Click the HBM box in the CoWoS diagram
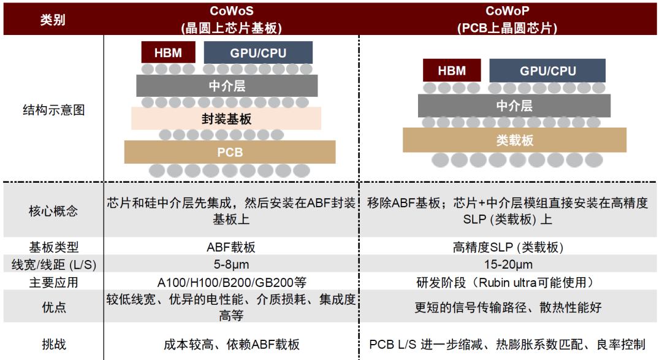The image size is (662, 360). (x=168, y=52)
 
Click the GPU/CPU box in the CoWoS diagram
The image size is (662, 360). (x=258, y=52)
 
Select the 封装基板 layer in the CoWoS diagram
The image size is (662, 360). (x=226, y=118)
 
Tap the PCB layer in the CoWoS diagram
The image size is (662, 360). (x=230, y=152)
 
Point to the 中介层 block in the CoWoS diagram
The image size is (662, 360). (x=227, y=86)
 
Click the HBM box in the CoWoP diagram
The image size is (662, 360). (x=452, y=70)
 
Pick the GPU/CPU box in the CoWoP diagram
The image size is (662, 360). (x=547, y=70)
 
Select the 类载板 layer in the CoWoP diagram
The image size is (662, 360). (x=514, y=140)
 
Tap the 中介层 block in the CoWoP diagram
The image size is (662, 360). (x=514, y=105)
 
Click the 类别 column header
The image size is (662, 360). (x=53, y=20)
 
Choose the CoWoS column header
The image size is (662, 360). (x=231, y=20)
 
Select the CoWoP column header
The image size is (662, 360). (x=507, y=20)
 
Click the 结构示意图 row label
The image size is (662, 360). (x=53, y=110)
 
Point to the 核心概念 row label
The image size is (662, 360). (x=53, y=210)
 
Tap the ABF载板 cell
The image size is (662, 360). (x=231, y=247)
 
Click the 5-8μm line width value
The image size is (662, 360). (x=231, y=264)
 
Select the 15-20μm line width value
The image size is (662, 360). (x=508, y=264)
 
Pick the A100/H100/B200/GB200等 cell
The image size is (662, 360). (x=231, y=282)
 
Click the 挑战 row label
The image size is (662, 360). (x=53, y=344)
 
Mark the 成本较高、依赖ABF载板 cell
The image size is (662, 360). (x=231, y=345)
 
